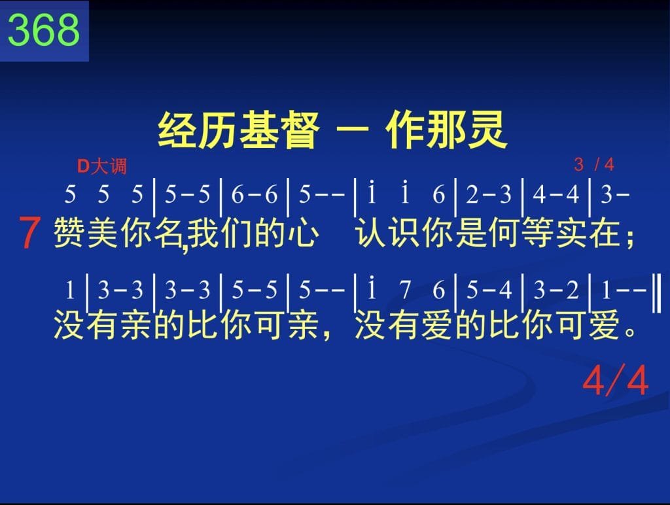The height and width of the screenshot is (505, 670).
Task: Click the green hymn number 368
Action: coord(44,29)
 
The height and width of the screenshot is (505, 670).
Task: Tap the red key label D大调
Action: coord(101,166)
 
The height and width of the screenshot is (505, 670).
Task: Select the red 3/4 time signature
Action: coord(594,164)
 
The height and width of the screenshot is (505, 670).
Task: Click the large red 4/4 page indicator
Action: coord(615,380)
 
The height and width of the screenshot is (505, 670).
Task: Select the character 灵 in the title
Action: coord(487,130)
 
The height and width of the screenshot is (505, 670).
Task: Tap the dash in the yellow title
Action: coord(353,129)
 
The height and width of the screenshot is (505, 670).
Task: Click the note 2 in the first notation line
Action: coord(472,194)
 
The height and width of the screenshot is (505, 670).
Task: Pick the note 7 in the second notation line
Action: coord(405,290)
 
